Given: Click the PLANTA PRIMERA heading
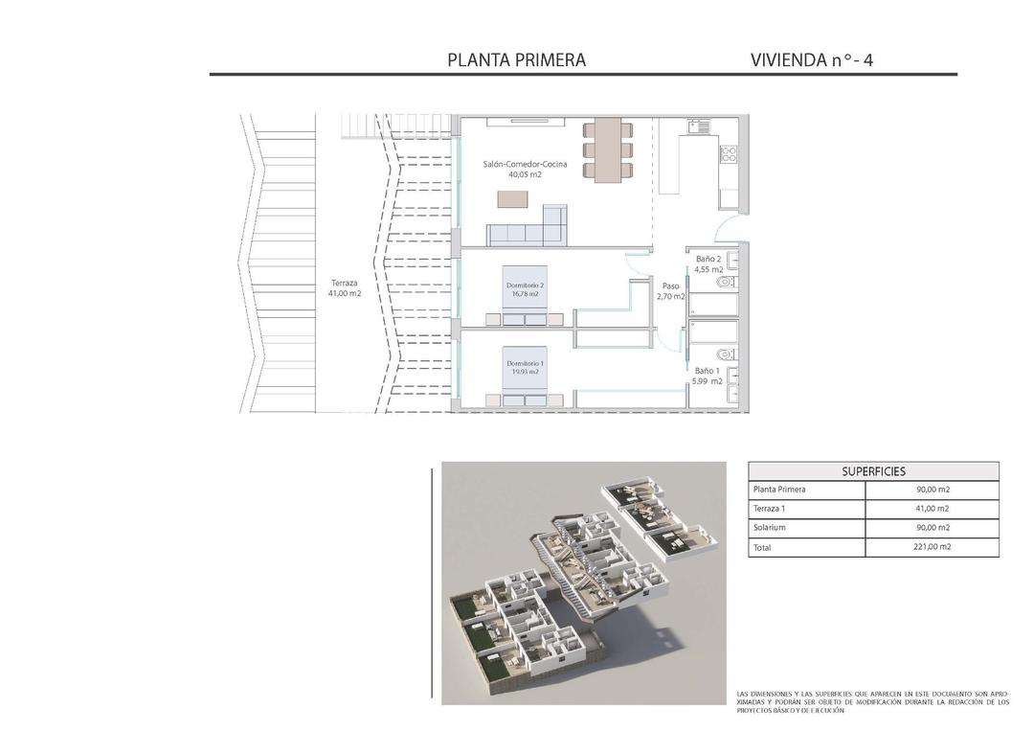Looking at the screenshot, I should [516, 59].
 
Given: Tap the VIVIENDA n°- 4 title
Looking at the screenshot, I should [812, 59].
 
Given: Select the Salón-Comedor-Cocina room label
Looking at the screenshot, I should [525, 165].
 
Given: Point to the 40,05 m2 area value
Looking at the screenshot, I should [525, 175].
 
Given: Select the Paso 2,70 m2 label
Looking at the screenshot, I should [670, 291].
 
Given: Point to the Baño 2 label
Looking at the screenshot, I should [708, 259].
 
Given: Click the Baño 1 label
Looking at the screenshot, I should [707, 371].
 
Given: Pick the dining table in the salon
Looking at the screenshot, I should [607, 149].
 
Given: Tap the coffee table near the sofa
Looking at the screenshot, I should [511, 199].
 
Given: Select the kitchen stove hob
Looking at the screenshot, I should [728, 153].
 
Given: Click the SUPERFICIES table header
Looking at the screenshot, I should [873, 471].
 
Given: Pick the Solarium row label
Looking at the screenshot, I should [770, 528].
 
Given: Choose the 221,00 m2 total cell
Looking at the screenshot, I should [932, 547].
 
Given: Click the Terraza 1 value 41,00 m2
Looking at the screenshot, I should [932, 509].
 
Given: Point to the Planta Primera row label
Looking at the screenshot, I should [779, 490].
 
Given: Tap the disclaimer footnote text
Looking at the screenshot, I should [872, 702].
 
